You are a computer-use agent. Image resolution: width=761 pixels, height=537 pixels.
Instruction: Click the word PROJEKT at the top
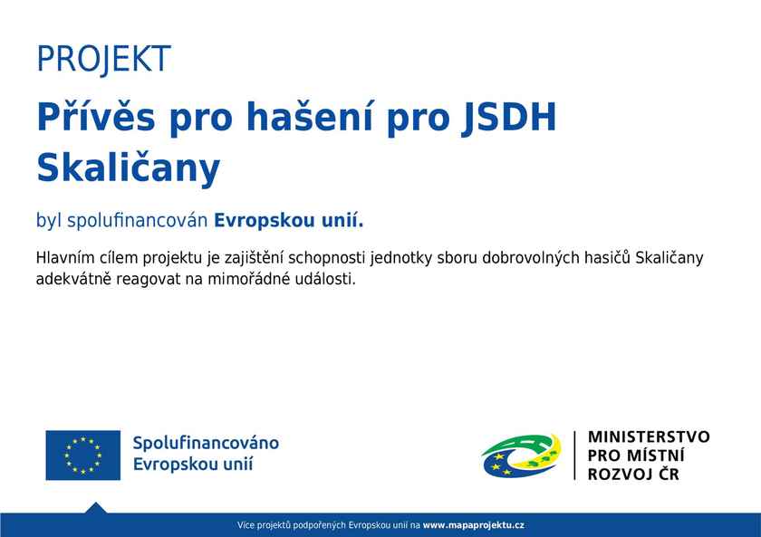(x=103, y=59)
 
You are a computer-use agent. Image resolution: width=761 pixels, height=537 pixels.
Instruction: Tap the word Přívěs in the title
(x=96, y=118)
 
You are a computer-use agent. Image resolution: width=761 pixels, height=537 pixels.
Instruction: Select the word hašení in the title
(x=310, y=117)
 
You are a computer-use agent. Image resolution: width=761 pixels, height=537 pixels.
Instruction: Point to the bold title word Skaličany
(x=128, y=168)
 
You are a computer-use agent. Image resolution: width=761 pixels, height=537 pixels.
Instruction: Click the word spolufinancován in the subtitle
(x=138, y=221)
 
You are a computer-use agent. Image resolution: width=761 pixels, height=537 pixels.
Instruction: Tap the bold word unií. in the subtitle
(x=342, y=220)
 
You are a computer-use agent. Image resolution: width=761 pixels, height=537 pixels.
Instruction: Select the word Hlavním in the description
(x=64, y=257)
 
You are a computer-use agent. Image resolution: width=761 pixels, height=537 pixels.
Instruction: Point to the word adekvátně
(x=73, y=279)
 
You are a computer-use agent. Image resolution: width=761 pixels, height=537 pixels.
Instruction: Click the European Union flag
(x=83, y=455)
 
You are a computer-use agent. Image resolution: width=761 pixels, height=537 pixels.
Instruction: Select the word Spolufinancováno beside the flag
(x=206, y=444)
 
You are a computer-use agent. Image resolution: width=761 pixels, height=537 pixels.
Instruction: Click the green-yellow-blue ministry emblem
(x=521, y=455)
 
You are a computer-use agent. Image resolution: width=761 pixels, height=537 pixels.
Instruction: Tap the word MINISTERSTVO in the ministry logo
(x=649, y=436)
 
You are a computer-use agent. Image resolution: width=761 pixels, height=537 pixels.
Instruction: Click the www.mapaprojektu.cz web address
(x=473, y=525)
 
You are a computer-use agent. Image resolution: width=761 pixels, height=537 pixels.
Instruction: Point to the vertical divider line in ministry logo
(x=574, y=455)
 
